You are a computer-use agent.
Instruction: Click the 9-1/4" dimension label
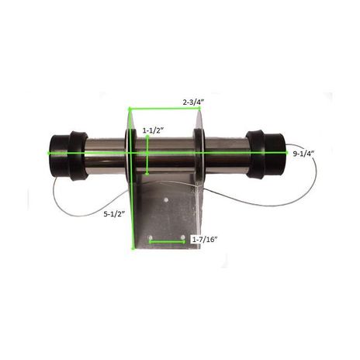pos(303,154)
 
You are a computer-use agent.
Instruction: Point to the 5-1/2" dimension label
pos(114,214)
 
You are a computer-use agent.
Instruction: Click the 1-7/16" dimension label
pos(204,239)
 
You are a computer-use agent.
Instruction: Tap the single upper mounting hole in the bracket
pos(166,200)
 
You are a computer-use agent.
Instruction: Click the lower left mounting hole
pos(151,237)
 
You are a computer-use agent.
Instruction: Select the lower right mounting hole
pos(183,237)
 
